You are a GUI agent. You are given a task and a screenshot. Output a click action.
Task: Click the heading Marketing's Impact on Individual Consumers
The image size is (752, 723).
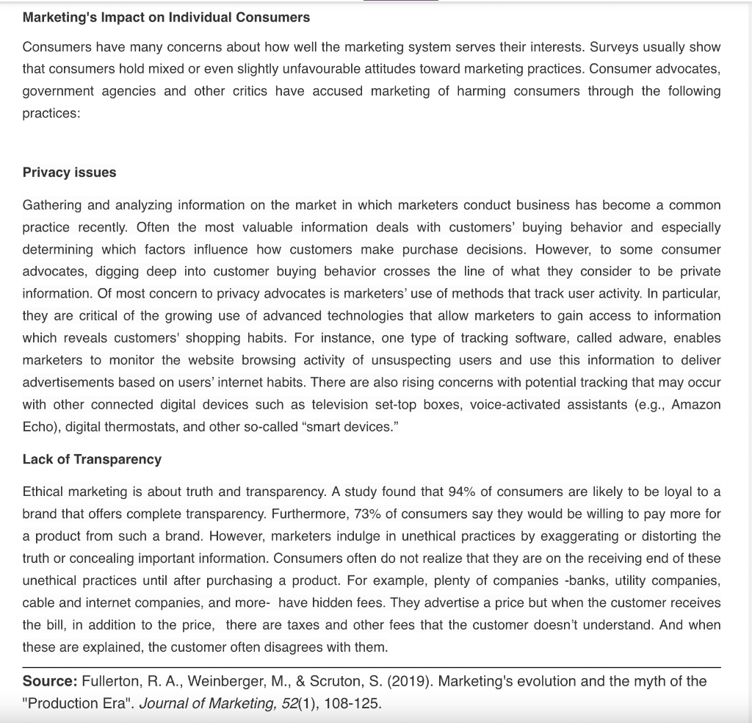coord(166,17)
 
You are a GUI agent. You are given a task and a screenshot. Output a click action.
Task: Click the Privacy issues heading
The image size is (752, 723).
coord(69,172)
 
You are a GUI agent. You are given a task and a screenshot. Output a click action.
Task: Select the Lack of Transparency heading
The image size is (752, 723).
coord(92,459)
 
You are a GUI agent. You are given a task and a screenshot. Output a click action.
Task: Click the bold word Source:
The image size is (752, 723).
coord(50,681)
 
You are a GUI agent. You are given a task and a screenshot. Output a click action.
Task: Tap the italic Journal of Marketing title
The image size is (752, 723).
coord(209,703)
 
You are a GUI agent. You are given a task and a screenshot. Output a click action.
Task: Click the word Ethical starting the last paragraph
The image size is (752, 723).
coord(46,492)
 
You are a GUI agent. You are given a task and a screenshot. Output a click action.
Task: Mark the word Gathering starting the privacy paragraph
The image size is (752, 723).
coord(53,205)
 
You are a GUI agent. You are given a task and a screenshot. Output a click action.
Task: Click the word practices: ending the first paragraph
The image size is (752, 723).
coord(51,114)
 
